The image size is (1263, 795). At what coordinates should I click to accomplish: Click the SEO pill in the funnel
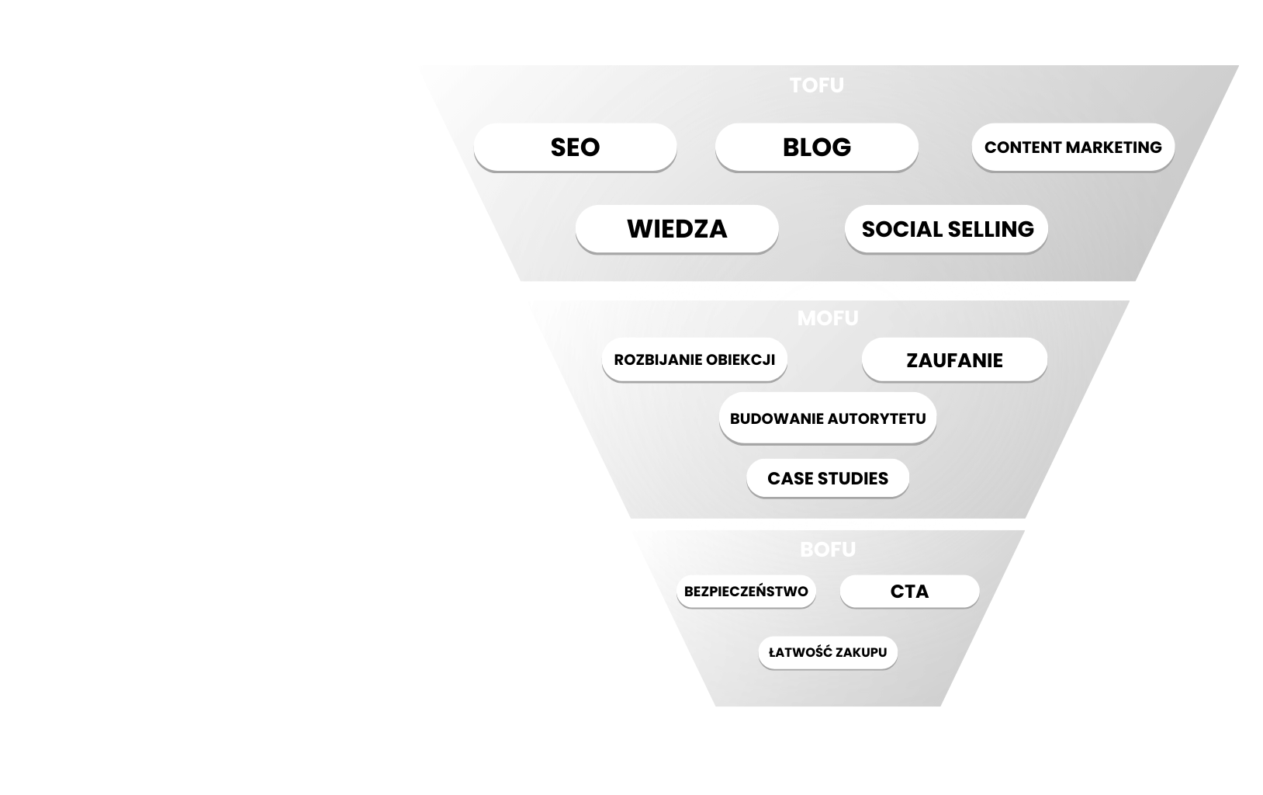coord(575,147)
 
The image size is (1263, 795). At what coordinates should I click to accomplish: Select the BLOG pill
coord(816,147)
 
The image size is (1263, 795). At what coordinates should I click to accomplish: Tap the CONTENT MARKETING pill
coord(1073,147)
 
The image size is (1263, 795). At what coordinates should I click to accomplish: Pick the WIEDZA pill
coord(676,229)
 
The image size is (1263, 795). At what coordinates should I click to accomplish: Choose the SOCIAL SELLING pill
coord(946,229)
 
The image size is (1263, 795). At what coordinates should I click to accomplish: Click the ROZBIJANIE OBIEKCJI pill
coord(694,359)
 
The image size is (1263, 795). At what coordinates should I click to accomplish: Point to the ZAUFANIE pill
coord(954,360)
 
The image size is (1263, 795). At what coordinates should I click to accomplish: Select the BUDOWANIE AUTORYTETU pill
coord(828,418)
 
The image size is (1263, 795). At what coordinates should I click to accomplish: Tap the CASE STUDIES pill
coord(828,478)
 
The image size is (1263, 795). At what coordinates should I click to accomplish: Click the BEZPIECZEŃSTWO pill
coord(746,592)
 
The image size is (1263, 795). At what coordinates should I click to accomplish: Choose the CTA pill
coord(909,592)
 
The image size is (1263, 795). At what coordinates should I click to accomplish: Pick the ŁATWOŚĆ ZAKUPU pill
coord(828,652)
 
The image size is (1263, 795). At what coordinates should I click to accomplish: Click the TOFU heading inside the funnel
coord(816,85)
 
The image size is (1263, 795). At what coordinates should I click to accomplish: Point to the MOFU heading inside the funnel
coord(828,318)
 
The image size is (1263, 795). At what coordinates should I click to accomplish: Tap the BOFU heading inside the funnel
coord(828,550)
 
